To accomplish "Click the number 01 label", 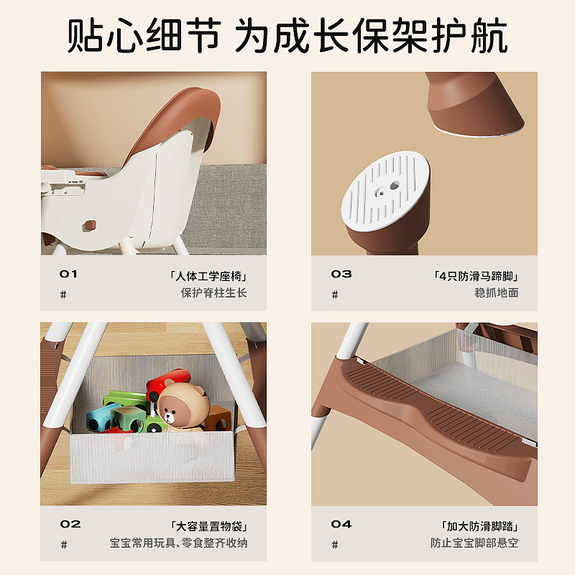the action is pos(68,274).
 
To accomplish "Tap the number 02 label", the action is pos(70,524).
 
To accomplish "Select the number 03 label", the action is pos(341,274).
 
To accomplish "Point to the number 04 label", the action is pos(341,524).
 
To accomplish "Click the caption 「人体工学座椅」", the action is pos(208,276).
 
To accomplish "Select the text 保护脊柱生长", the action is pos(213,293).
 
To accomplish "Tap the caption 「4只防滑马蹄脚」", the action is pos(476,276).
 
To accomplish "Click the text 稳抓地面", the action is pos(497,293).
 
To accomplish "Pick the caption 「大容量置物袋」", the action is pos(208,527).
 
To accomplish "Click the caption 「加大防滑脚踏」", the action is pos(479,527).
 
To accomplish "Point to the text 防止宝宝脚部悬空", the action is pos(474,543).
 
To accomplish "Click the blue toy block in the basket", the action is pos(99,418).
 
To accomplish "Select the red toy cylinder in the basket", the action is pos(168,384).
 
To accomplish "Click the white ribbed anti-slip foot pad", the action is pos(385,191).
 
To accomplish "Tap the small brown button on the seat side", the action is pos(88,226).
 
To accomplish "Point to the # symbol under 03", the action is pos(335,295).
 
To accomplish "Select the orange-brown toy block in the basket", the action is pos(218,419).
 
